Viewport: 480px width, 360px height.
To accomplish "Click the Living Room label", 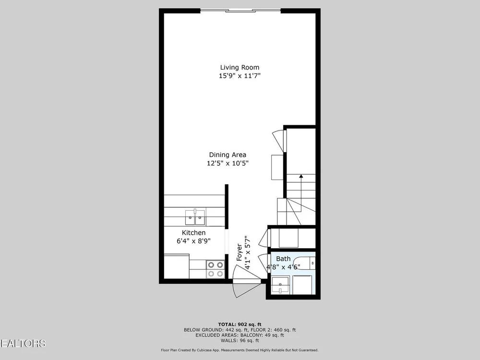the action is (240, 67).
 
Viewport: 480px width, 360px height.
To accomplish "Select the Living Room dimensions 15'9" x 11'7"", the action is (240, 76).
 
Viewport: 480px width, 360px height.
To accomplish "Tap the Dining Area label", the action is (228, 155).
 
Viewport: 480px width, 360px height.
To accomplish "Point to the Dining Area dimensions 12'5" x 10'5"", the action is (228, 163).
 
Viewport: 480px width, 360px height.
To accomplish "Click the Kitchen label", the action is (193, 233).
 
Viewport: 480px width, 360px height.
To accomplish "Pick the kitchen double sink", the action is (195, 217).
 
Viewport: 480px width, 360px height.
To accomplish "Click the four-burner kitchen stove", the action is (216, 269).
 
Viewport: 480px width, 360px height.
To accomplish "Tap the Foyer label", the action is (240, 252).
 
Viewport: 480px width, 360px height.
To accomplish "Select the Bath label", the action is (283, 259).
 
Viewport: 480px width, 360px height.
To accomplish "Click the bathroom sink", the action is (280, 285).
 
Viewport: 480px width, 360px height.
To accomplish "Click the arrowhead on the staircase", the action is (301, 176).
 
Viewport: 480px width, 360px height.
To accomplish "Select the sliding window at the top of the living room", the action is (240, 11).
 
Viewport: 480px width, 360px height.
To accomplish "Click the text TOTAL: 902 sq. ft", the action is (240, 324).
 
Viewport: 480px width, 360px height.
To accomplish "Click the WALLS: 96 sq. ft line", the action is (240, 340).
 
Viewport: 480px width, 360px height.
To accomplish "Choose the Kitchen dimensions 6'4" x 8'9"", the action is (193, 241).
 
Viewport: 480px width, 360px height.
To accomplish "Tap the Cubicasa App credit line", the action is (240, 350).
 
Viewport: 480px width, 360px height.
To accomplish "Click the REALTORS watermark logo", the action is (23, 344).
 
